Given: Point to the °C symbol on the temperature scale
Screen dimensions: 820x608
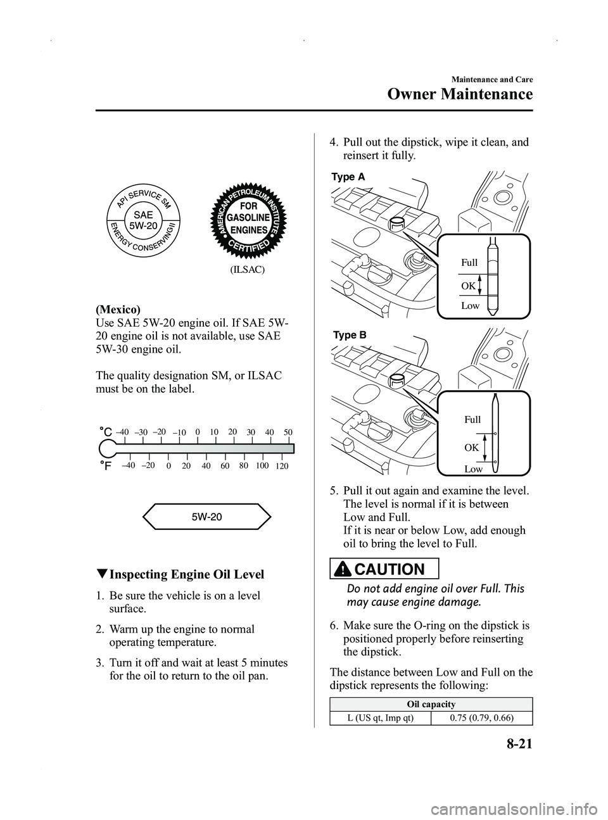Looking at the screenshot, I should pos(105,432).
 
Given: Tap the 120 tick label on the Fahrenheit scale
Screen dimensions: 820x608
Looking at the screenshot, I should pos(282,466).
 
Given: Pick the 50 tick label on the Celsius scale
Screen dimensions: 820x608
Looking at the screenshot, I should pos(289,432).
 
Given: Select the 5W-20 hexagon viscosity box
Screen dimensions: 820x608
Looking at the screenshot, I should pos(206,516).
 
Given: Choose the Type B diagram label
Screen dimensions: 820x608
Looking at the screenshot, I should pos(348,336).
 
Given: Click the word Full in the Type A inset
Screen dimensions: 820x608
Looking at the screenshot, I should pos(469,262).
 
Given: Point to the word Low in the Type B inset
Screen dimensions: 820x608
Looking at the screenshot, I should pos(473,469).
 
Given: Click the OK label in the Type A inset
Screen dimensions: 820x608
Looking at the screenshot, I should pos(468,286).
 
